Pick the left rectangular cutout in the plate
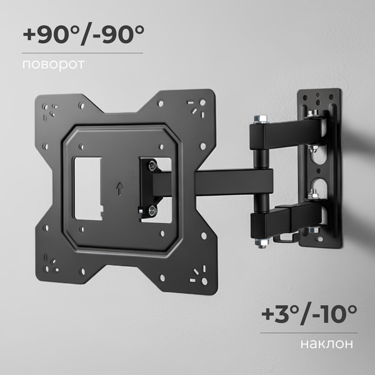[89, 187]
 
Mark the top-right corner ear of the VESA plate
[200, 106]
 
